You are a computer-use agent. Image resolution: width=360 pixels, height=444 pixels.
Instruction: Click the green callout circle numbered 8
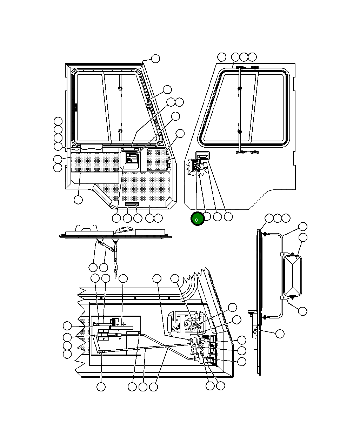pos(197,219)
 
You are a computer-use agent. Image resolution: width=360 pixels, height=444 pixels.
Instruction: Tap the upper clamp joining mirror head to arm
pos(292,254)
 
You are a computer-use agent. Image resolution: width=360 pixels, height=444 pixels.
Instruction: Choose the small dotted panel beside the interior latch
pos(157,160)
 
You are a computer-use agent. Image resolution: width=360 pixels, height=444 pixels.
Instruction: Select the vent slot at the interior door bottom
pos(132,204)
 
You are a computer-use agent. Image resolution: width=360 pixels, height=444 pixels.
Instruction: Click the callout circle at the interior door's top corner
pos(155,59)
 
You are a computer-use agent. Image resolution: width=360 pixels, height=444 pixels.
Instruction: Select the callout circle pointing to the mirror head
pos(303,237)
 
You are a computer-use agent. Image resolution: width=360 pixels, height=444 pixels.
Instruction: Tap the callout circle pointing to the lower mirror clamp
pos(302,311)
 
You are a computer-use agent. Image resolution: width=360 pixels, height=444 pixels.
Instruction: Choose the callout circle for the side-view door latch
pos(280,334)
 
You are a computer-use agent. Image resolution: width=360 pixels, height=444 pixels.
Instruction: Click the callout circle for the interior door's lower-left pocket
pos(78,200)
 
